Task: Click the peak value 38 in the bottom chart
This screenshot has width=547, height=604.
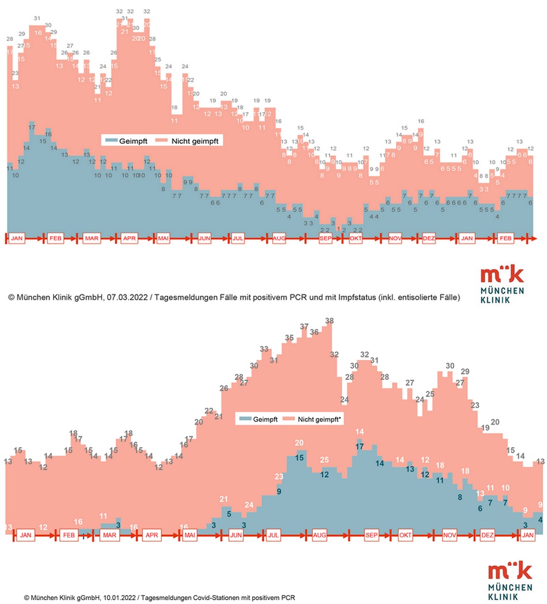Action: coord(329,321)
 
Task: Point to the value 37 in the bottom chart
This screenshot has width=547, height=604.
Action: coord(304,326)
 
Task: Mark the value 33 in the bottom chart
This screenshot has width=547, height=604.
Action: coord(264,349)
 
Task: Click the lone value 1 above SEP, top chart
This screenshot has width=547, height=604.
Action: coord(339,228)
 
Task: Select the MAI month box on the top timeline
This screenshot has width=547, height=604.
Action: coord(164,238)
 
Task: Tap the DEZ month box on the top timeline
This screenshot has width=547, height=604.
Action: coord(428,238)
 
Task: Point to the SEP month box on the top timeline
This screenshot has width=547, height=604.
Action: coord(325,238)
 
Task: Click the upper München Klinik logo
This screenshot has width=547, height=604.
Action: coord(502,284)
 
